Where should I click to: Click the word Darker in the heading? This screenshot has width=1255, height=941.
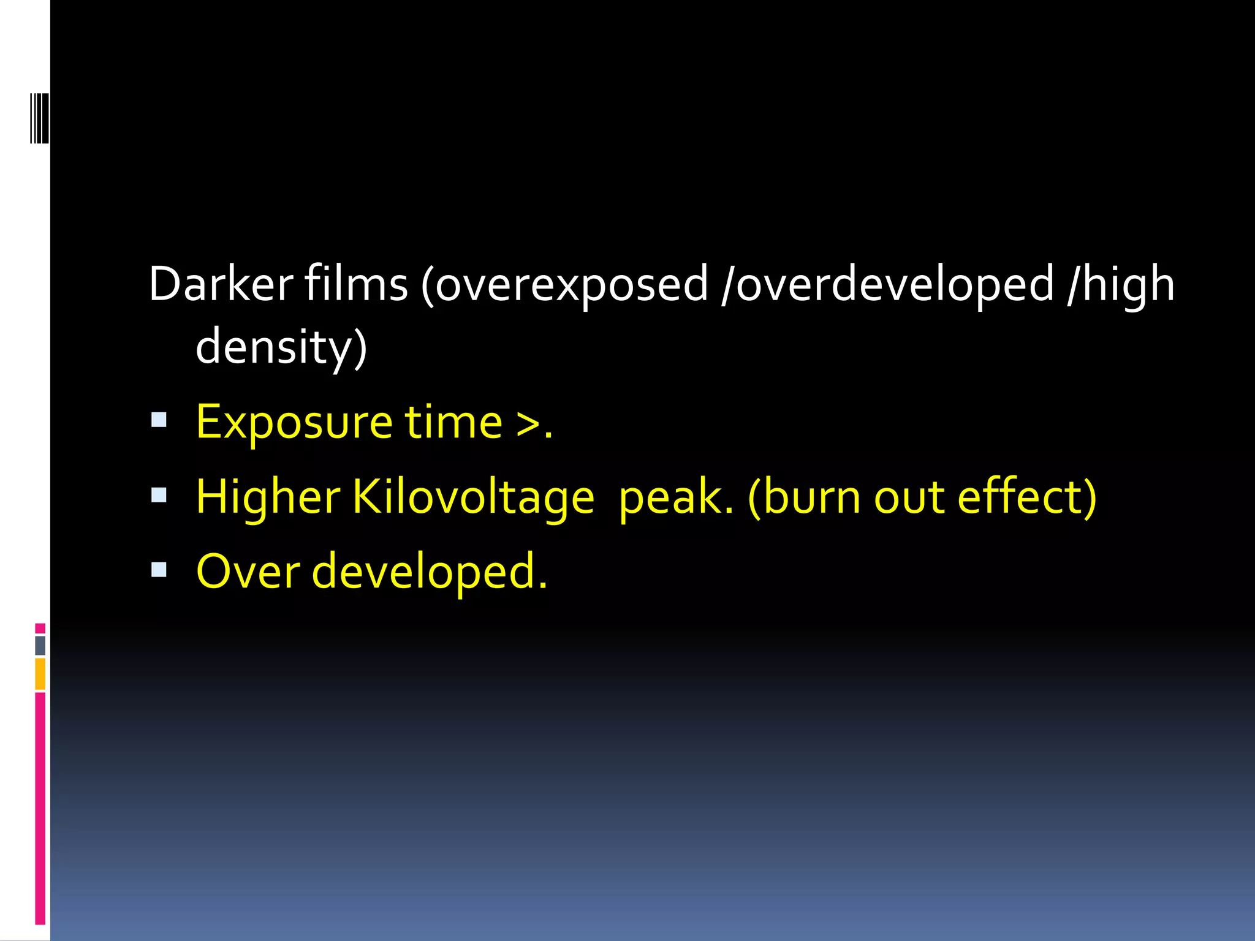pyautogui.click(x=221, y=284)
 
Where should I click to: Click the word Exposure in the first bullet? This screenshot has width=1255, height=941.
pyautogui.click(x=294, y=423)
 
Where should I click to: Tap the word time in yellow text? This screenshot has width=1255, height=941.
pyautogui.click(x=453, y=422)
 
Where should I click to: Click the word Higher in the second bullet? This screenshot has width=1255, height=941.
pyautogui.click(x=268, y=497)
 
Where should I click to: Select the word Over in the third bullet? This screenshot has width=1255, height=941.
pyautogui.click(x=248, y=572)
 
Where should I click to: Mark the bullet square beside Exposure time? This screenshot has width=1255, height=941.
pyautogui.click(x=159, y=420)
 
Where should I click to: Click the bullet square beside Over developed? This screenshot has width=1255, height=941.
pyautogui.click(x=159, y=570)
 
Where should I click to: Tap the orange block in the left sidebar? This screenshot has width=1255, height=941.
pyautogui.click(x=40, y=674)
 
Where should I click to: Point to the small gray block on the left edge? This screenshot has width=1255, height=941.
pyautogui.click(x=40, y=645)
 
